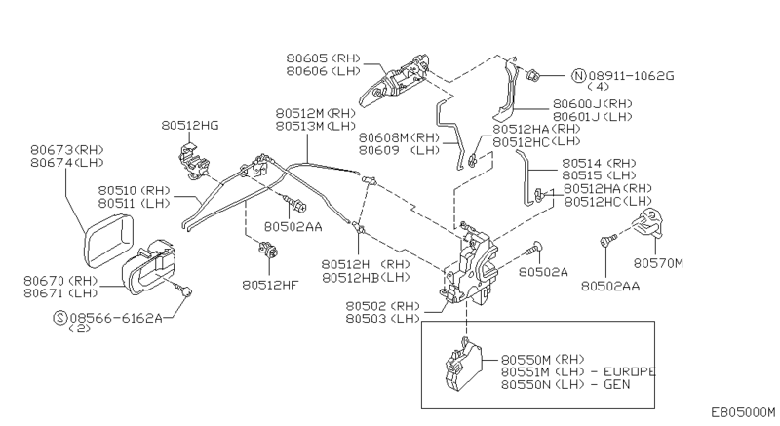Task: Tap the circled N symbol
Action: [x=579, y=74]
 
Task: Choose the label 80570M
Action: [x=659, y=262]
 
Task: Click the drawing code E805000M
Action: [x=743, y=413]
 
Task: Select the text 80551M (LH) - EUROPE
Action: [x=578, y=371]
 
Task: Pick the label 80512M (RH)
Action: [x=314, y=113]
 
